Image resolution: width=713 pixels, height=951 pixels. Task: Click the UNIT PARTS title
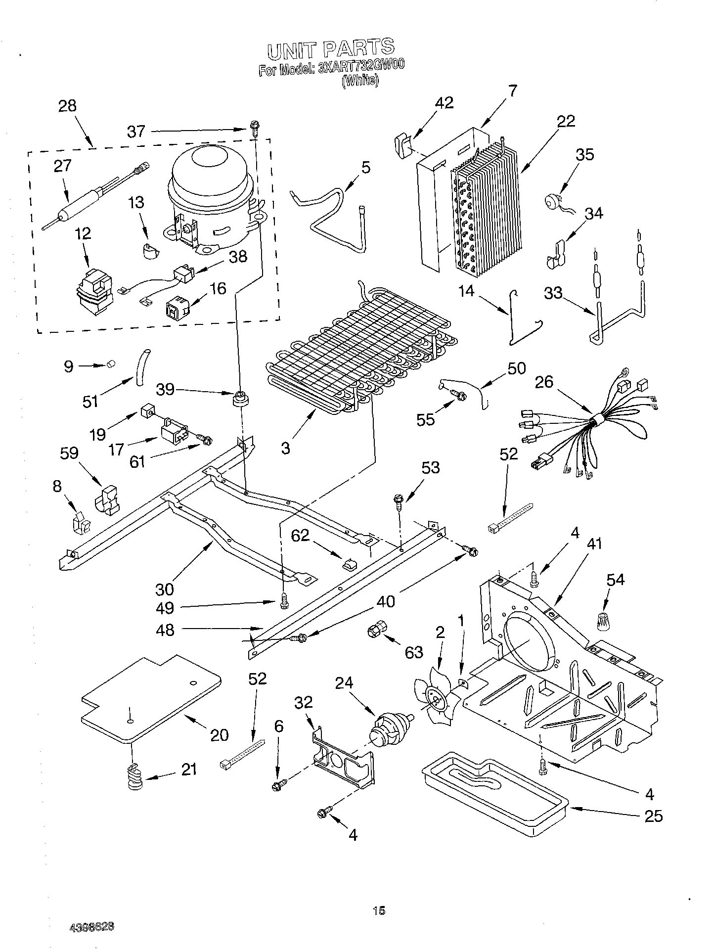(x=331, y=48)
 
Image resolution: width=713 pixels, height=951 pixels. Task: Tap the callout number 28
(x=67, y=105)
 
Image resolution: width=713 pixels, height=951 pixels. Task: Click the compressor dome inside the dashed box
(x=213, y=163)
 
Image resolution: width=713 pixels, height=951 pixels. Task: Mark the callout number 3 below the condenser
(x=286, y=448)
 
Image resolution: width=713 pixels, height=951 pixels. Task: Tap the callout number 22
(x=566, y=121)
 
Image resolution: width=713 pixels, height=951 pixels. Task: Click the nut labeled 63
(x=377, y=632)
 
